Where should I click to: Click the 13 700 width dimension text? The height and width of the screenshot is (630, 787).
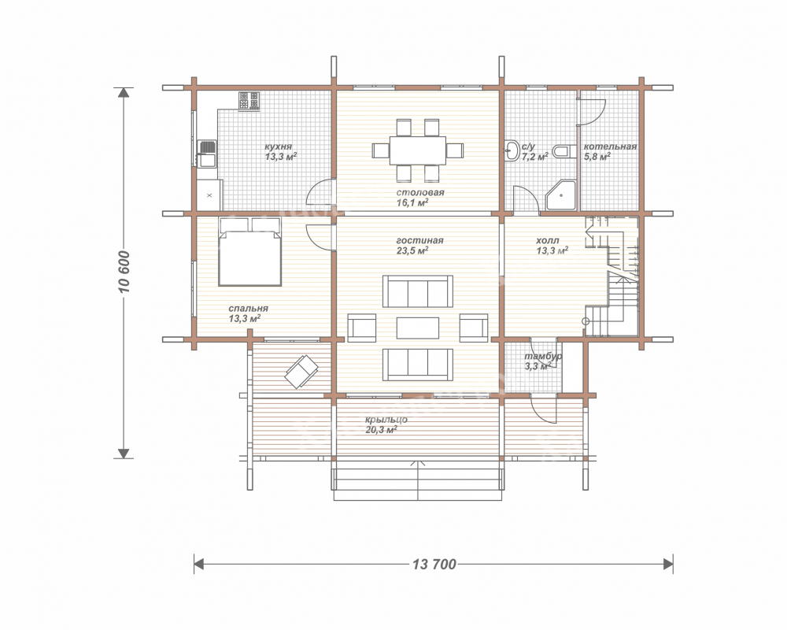pyautogui.click(x=434, y=564)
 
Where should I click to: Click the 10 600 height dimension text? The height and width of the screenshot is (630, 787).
pyautogui.click(x=124, y=272)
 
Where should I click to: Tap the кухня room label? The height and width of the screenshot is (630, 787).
pyautogui.click(x=278, y=146)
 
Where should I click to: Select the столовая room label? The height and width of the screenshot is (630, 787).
pyautogui.click(x=420, y=192)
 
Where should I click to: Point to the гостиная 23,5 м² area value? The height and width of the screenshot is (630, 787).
pyautogui.click(x=412, y=250)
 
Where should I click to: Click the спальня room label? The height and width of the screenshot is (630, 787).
pyautogui.click(x=248, y=308)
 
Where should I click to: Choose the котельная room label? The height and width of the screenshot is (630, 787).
pyautogui.click(x=610, y=146)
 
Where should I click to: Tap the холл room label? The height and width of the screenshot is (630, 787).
pyautogui.click(x=548, y=241)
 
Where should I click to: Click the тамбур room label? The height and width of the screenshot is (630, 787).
pyautogui.click(x=543, y=356)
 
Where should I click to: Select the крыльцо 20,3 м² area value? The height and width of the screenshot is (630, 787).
pyautogui.click(x=382, y=429)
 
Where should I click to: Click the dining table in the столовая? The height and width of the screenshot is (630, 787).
pyautogui.click(x=418, y=150)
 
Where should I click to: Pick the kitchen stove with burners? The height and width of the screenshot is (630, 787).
pyautogui.click(x=249, y=101)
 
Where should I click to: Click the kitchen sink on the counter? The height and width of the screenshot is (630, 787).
pyautogui.click(x=207, y=154)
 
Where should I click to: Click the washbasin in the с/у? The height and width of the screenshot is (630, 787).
pyautogui.click(x=512, y=150)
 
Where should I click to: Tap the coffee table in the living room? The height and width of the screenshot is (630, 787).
pyautogui.click(x=418, y=328)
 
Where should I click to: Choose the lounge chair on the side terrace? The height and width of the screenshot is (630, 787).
pyautogui.click(x=301, y=372)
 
